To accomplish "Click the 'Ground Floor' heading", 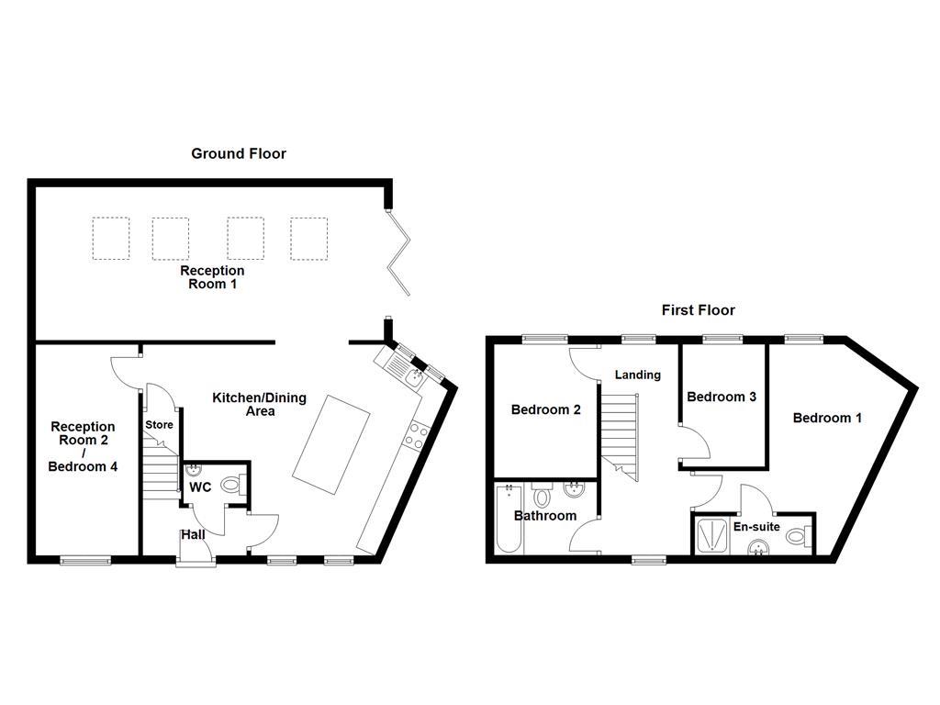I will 238,154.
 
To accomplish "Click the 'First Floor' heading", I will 698,310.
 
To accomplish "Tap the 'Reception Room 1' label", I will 212,277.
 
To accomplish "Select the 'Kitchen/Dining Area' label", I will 260,405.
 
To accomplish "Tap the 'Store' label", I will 159,425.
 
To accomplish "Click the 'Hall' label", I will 193,534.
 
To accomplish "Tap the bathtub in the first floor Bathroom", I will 508,520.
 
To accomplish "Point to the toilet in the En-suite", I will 799,536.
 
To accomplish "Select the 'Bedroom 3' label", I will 721,397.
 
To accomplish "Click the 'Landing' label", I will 637,375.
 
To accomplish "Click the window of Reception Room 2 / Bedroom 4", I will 85,559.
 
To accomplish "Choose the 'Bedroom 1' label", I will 827,418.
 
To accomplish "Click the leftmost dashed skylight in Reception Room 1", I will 110,239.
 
